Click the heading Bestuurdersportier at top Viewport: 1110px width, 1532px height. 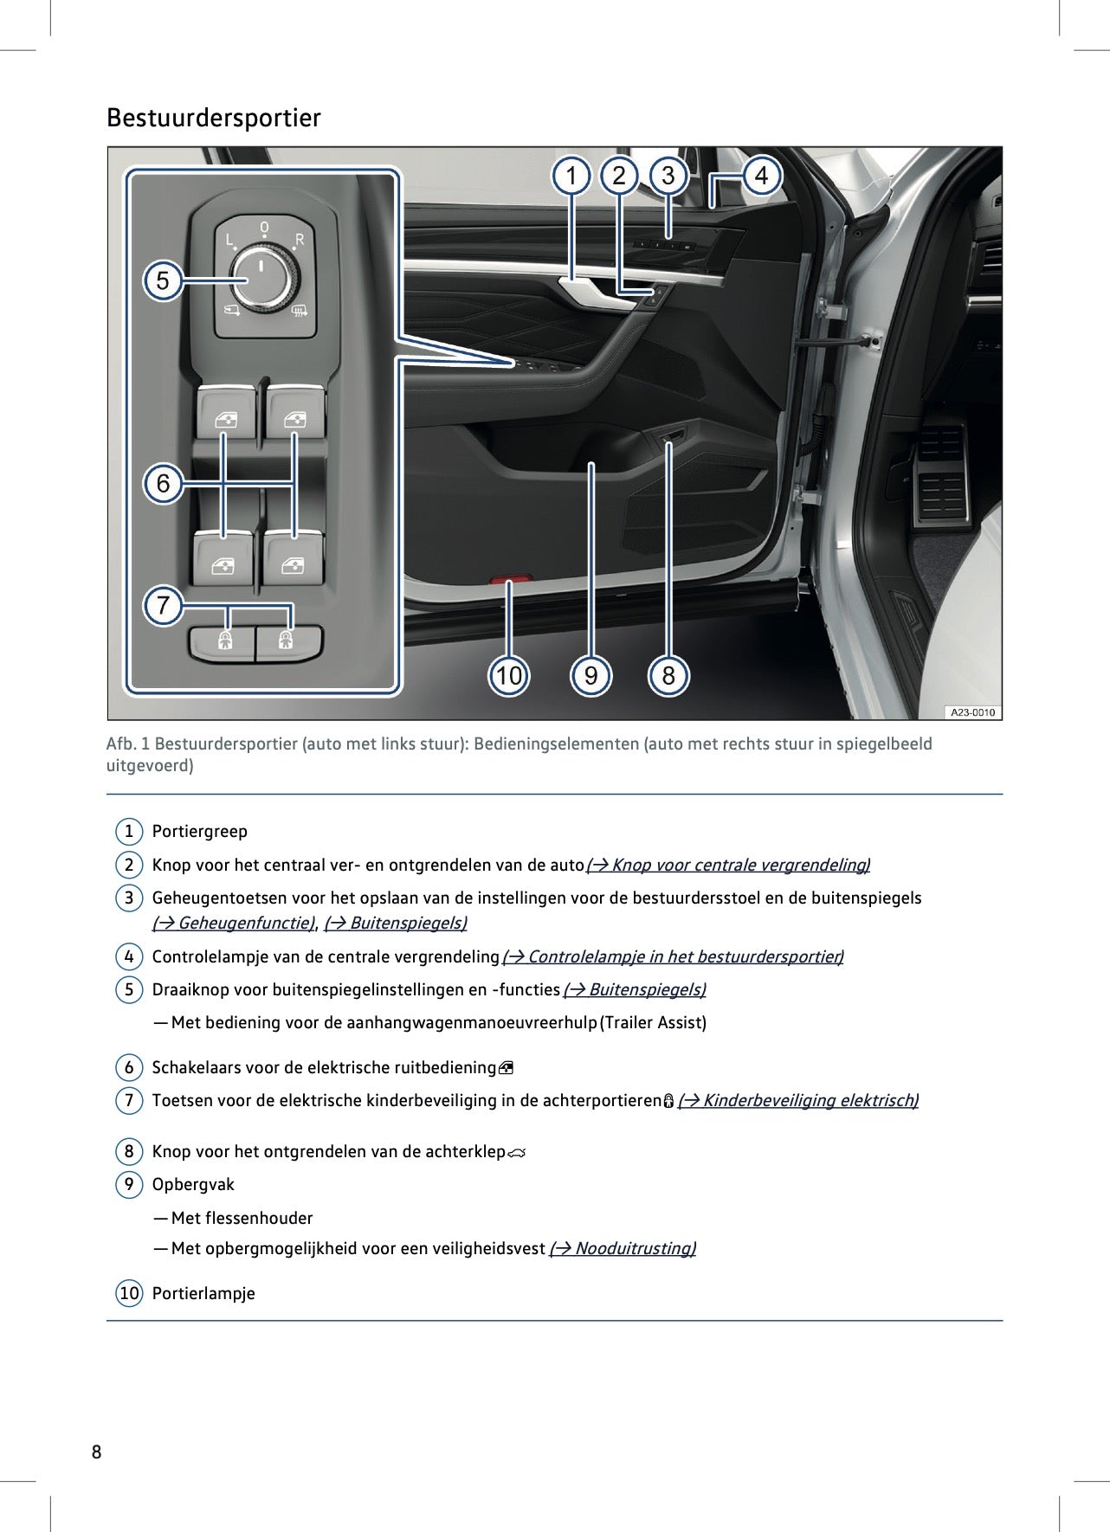click(x=213, y=118)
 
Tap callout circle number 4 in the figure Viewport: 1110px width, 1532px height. click(x=761, y=177)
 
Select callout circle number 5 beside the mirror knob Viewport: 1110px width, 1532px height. click(x=163, y=281)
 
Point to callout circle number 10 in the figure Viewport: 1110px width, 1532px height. click(x=509, y=675)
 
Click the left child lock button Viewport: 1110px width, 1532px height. click(x=223, y=642)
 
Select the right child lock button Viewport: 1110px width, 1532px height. click(x=287, y=642)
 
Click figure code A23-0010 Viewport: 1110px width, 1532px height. click(x=972, y=712)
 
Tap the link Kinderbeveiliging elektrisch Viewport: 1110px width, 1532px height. click(x=797, y=1100)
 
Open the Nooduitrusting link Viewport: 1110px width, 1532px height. click(x=623, y=1248)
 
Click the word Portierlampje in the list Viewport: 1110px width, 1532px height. click(x=203, y=1293)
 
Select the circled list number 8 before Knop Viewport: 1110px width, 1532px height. click(x=129, y=1151)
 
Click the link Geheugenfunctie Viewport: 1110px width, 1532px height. click(x=234, y=923)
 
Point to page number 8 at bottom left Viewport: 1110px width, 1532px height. click(x=96, y=1452)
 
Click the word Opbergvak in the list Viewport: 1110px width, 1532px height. click(x=193, y=1184)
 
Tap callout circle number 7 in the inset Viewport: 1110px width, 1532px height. click(x=163, y=605)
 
